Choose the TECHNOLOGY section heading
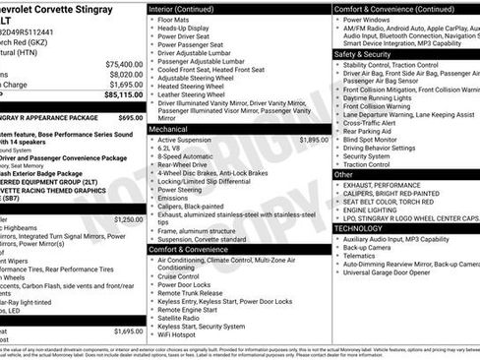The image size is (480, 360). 359,227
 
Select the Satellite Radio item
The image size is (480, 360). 183,316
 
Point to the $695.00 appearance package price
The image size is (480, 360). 130,116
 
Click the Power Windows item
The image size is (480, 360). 369,18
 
